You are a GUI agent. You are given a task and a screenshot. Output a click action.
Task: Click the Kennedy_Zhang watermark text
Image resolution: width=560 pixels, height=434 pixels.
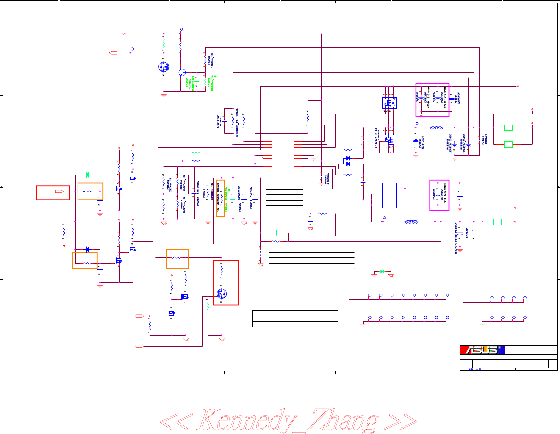(x=288, y=420)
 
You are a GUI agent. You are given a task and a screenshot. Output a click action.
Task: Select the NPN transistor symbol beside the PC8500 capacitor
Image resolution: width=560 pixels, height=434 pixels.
(x=182, y=72)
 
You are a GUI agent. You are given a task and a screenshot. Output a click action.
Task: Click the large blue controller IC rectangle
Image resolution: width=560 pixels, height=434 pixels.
(x=283, y=159)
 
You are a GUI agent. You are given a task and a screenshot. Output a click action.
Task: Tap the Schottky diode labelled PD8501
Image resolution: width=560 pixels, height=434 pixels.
(x=416, y=140)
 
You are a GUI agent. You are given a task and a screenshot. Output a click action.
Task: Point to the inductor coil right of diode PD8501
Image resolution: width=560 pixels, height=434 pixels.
(x=437, y=128)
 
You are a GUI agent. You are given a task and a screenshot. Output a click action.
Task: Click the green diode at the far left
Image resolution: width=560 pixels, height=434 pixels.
(x=87, y=175)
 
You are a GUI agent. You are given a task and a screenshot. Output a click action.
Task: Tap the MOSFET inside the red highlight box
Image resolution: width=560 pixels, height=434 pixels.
(x=222, y=294)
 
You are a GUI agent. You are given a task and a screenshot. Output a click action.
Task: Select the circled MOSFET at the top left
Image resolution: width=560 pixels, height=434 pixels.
(x=163, y=67)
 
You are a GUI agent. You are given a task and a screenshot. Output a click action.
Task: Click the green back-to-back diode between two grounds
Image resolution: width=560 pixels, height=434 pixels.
(x=382, y=272)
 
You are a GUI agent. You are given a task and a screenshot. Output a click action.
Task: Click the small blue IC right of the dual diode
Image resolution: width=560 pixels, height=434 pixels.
(x=389, y=195)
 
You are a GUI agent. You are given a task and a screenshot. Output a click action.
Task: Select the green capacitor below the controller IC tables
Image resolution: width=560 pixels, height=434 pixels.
(x=276, y=233)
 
